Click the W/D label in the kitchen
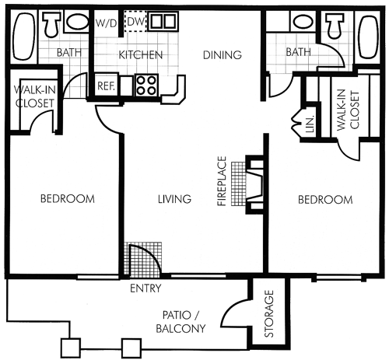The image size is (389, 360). [107, 23]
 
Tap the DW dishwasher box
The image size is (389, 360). [135, 21]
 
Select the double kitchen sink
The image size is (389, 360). [163, 21]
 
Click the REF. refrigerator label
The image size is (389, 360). [106, 86]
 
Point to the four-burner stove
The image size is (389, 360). [146, 86]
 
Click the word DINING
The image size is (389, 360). [223, 55]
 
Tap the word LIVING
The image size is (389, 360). [174, 199]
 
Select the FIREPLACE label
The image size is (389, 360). [222, 181]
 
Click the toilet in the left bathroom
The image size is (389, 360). [51, 23]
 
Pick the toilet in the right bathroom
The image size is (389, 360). [335, 25]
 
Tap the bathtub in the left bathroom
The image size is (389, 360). [24, 36]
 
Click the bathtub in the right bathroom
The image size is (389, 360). [369, 37]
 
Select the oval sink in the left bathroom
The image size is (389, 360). [77, 22]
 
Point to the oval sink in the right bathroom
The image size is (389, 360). [303, 22]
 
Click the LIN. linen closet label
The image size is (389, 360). [310, 124]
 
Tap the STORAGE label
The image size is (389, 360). [269, 313]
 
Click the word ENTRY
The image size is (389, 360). [145, 288]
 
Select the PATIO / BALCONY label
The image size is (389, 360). [180, 322]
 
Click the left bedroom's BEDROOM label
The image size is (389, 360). [68, 199]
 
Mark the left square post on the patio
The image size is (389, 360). [71, 348]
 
